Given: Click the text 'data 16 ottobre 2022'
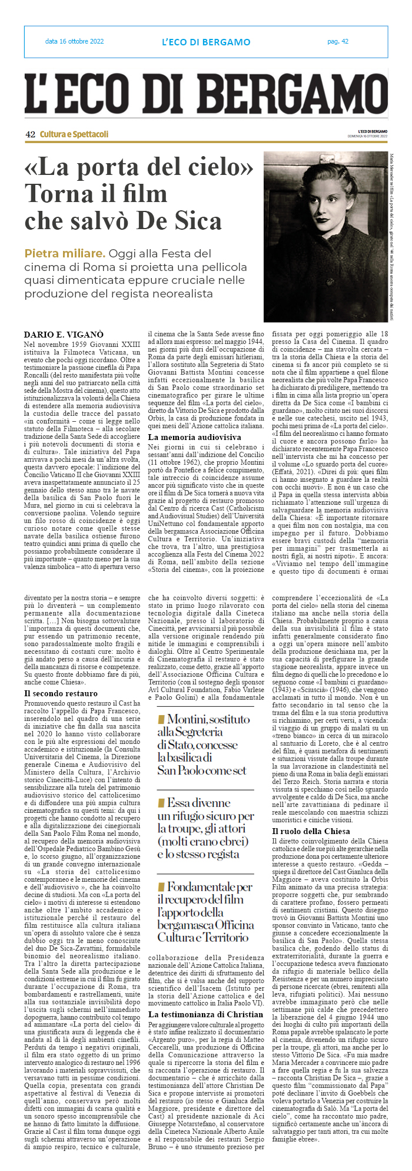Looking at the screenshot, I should [74, 41].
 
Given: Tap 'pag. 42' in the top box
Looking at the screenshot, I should [338, 41].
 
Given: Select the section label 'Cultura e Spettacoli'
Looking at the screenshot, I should [74, 134].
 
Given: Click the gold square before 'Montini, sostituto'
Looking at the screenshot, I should [161, 719].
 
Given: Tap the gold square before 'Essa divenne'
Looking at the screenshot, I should [161, 803].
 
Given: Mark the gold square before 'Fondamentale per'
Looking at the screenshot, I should [161, 887].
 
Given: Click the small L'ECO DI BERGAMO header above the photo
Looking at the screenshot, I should [373, 131].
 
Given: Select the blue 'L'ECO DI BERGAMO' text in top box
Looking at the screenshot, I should [206, 42].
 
